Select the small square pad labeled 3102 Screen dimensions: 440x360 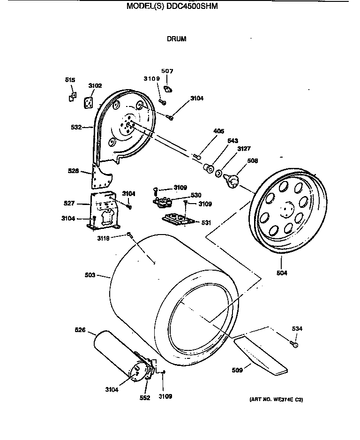(x=88, y=102)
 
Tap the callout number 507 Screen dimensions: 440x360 (x=167, y=71)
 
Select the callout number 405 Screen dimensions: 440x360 (x=206, y=131)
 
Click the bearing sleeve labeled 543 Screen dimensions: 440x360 (x=207, y=167)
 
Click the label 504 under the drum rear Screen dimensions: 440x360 (x=282, y=273)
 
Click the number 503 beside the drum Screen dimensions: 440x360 (x=103, y=275)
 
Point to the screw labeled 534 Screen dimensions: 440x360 (x=295, y=345)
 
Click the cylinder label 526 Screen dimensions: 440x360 (x=80, y=330)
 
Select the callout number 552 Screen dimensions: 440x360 (x=145, y=398)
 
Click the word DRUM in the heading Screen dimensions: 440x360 (x=177, y=39)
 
